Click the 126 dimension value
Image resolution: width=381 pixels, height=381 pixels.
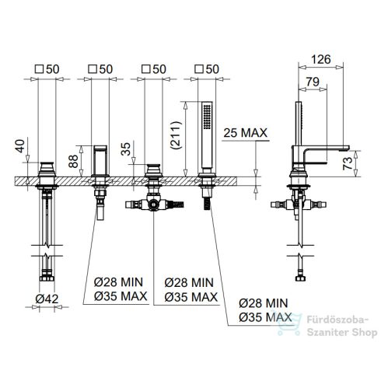[x=321, y=59]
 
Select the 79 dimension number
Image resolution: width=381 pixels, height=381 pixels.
[x=313, y=82]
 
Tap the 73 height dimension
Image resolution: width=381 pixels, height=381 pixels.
[x=348, y=163]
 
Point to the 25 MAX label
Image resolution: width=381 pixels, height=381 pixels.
[x=245, y=133]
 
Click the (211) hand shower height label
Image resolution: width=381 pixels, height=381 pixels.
[x=177, y=135]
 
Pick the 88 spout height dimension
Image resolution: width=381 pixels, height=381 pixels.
[x=73, y=161]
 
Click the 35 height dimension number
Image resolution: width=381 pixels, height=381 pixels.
[x=126, y=149]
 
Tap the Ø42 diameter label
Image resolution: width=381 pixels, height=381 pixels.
[x=47, y=299]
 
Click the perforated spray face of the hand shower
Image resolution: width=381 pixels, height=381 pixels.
[x=207, y=117]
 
